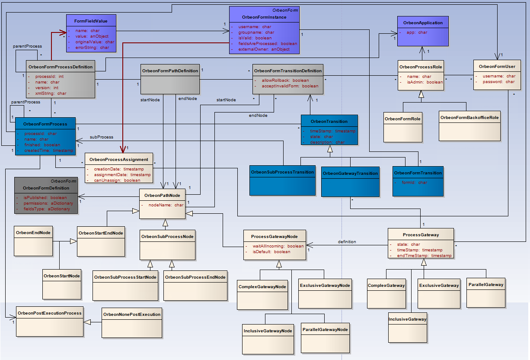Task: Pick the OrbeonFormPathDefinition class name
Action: (x=170, y=71)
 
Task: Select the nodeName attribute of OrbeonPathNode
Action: (x=166, y=205)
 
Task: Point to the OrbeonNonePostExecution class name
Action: (x=132, y=314)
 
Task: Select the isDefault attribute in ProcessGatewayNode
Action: (x=271, y=251)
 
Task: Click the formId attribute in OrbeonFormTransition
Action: (x=409, y=182)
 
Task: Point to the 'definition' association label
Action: (x=347, y=242)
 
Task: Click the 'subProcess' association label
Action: (x=102, y=137)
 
